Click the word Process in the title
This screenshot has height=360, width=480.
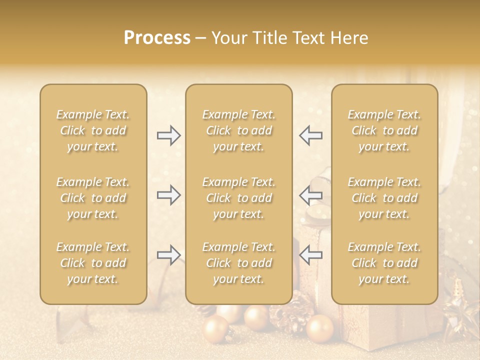[x=157, y=38]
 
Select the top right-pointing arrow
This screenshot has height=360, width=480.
[x=168, y=135]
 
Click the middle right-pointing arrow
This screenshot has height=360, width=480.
[x=168, y=195]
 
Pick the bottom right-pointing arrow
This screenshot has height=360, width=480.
[x=168, y=255]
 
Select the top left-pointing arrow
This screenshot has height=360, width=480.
[x=310, y=135]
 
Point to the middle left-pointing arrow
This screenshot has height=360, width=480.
[x=310, y=195]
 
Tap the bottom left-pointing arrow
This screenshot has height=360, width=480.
[x=310, y=255]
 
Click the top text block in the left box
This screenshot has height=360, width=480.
[x=93, y=130]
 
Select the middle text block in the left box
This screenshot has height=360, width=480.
[x=93, y=198]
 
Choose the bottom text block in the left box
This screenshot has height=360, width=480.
[x=93, y=263]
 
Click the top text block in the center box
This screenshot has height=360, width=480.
[x=239, y=130]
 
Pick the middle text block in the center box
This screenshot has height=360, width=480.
[x=239, y=198]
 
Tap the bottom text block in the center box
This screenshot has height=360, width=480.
[x=239, y=263]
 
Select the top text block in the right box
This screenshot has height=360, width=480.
[x=384, y=130]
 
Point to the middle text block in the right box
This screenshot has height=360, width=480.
[x=384, y=198]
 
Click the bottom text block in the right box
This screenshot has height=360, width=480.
[x=384, y=263]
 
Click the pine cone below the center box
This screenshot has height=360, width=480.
[x=292, y=312]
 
